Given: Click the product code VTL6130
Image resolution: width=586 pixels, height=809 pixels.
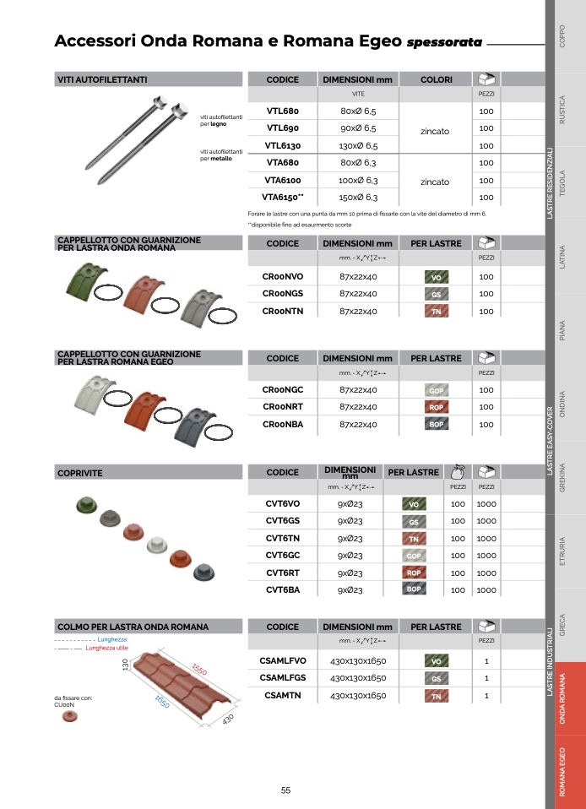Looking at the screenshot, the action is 283,145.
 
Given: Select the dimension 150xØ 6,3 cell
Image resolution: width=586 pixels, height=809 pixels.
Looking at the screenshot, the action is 358,197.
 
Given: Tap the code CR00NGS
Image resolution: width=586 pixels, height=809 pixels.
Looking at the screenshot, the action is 283,294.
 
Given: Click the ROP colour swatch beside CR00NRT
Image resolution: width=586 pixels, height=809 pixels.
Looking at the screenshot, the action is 437,407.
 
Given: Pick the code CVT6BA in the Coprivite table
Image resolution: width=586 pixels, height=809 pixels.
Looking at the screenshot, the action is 283,589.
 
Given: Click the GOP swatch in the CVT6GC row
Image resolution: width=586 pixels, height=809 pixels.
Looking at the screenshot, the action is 414,556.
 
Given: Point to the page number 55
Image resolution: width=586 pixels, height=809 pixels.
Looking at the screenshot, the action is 285,790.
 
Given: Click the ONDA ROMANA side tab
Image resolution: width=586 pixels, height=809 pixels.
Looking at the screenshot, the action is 562,698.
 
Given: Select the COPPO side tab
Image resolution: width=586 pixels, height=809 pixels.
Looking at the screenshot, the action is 562,36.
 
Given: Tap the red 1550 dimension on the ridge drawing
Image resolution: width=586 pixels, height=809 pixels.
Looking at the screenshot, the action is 199,669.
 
